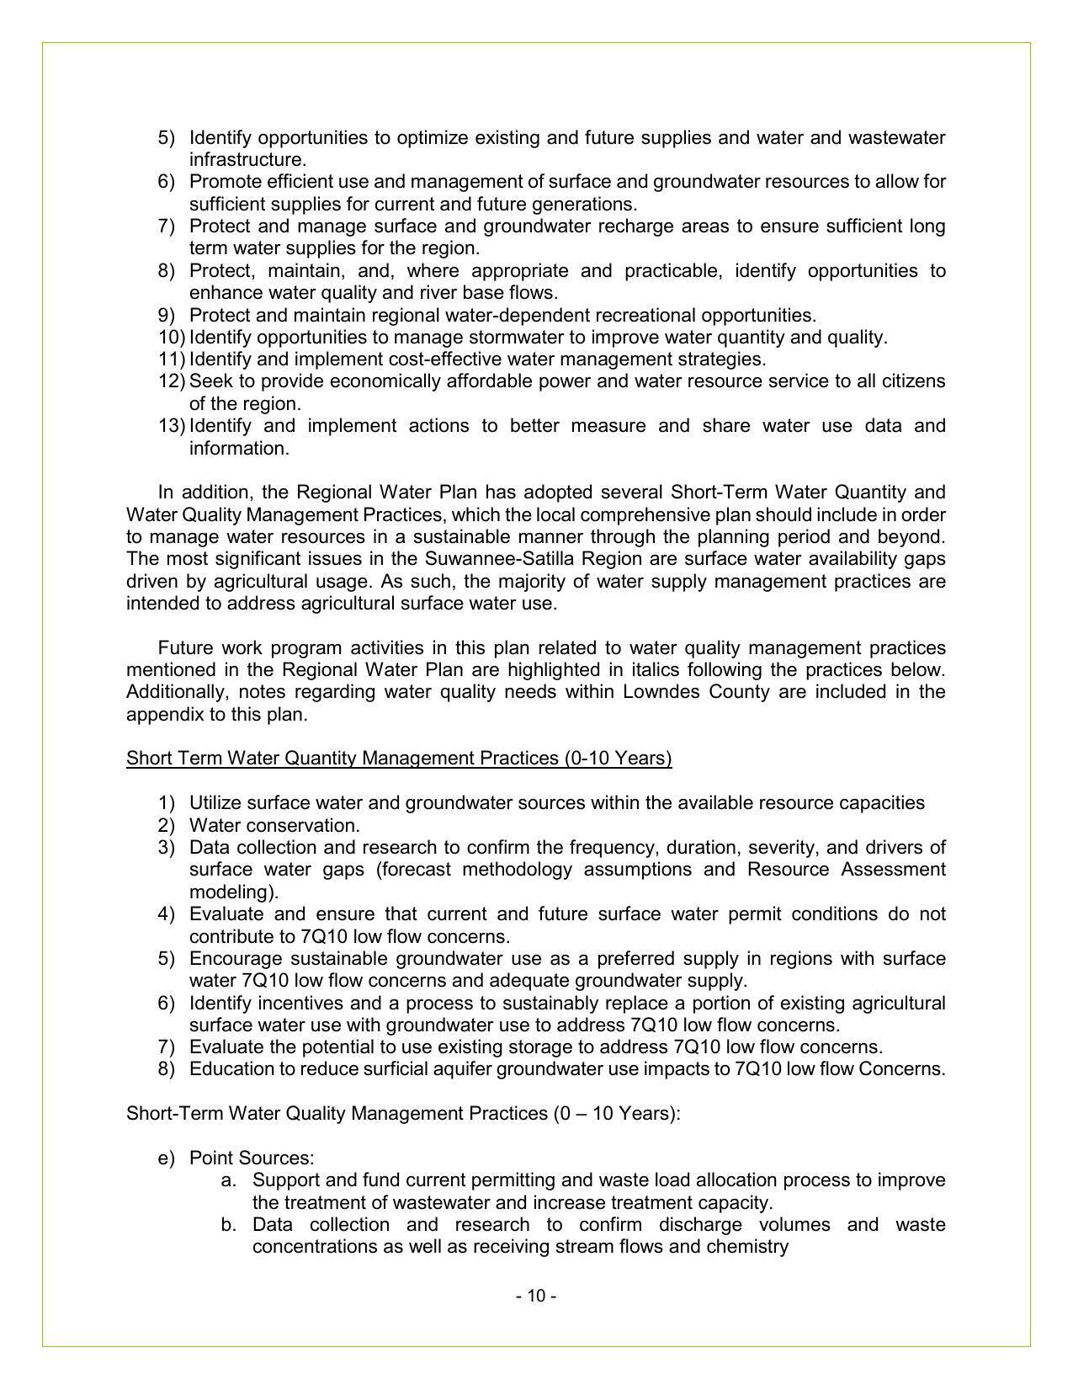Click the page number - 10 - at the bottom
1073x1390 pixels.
[x=536, y=1296]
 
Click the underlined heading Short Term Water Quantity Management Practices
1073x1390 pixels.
[x=399, y=759]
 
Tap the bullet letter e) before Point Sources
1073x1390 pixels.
[x=165, y=1158]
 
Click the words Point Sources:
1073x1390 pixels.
[x=252, y=1158]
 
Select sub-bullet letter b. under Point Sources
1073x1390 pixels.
[x=228, y=1225]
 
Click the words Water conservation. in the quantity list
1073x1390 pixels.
[x=274, y=826]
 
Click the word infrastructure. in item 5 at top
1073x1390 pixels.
[x=247, y=160]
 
